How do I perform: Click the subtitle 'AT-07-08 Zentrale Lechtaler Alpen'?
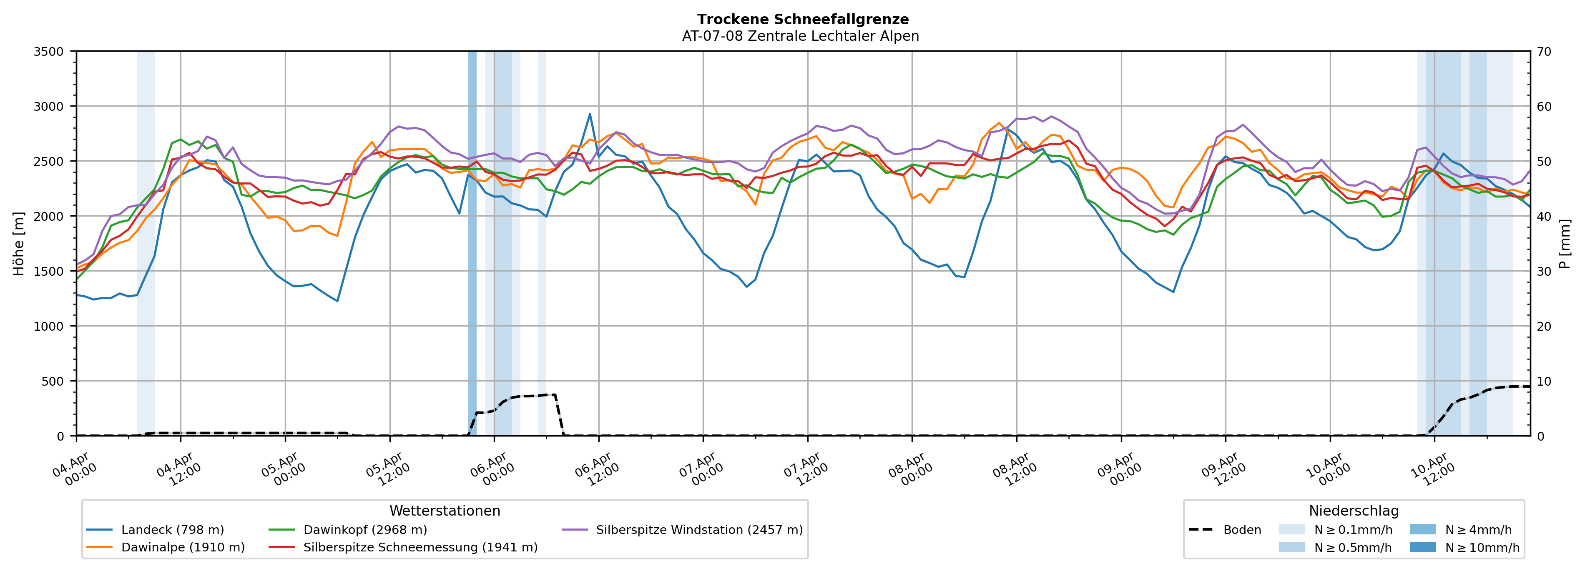[800, 36]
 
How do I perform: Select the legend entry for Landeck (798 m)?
[172, 530]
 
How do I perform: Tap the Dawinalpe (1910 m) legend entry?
[183, 548]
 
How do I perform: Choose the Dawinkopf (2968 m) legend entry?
[365, 530]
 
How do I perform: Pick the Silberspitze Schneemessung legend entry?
[420, 548]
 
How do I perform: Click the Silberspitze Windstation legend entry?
[699, 530]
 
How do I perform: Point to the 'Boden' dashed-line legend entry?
[1242, 530]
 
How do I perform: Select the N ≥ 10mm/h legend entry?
[1482, 548]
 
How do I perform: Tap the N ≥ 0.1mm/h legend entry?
[1352, 530]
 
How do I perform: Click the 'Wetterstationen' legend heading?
[445, 511]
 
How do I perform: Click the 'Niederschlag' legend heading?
[1354, 511]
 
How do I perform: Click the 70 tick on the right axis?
[1545, 52]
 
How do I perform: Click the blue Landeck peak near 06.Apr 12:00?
[590, 114]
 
